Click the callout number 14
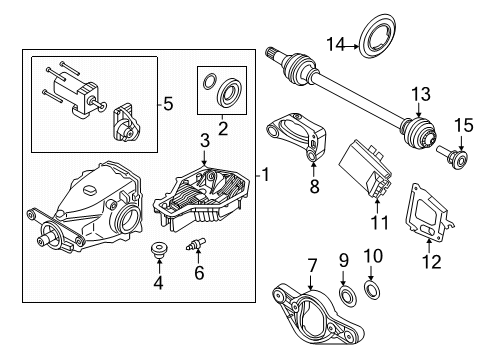337,43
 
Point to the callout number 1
265,175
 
